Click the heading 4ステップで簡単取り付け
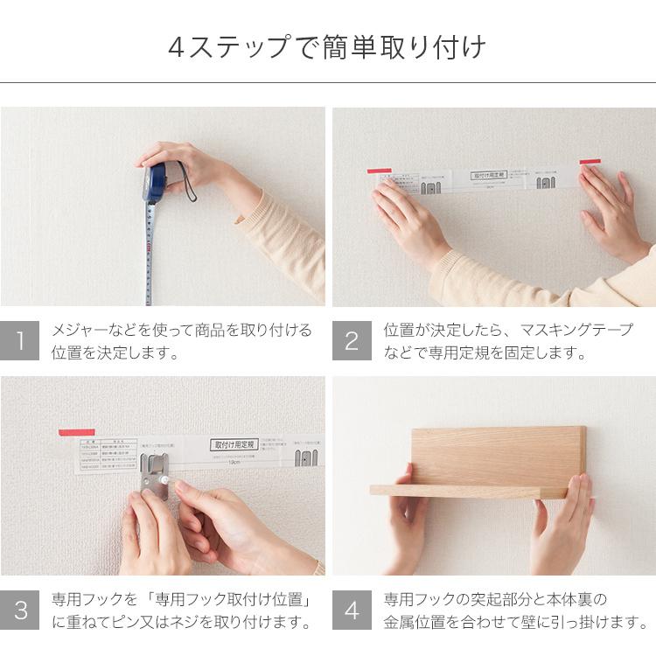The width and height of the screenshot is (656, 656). (327, 46)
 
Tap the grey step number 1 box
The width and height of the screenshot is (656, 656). (20, 341)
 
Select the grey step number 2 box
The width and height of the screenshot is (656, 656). (352, 341)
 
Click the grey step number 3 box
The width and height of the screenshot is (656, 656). (20, 611)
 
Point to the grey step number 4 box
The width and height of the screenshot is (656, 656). (352, 611)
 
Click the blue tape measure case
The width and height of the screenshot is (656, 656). (155, 182)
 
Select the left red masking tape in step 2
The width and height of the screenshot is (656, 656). (379, 171)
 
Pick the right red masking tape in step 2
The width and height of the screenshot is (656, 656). (590, 162)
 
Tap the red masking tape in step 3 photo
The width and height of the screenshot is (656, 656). (77, 432)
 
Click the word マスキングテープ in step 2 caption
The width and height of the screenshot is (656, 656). (576, 331)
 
